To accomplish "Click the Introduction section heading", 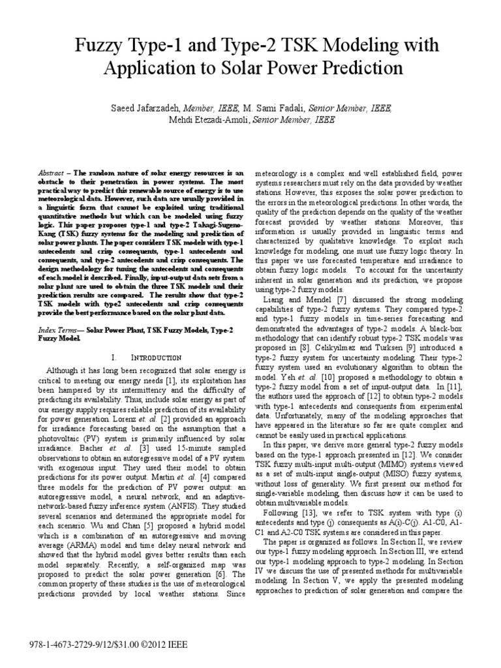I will pos(153,358).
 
